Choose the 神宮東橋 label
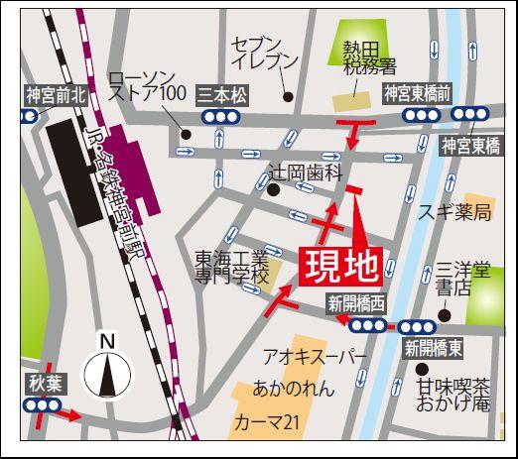pyautogui.click(x=472, y=146)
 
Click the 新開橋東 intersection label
pyautogui.click(x=433, y=347)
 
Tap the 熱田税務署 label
pyautogui.click(x=369, y=57)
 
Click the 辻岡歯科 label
pyautogui.click(x=311, y=172)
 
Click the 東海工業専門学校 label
pyautogui.click(x=231, y=267)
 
